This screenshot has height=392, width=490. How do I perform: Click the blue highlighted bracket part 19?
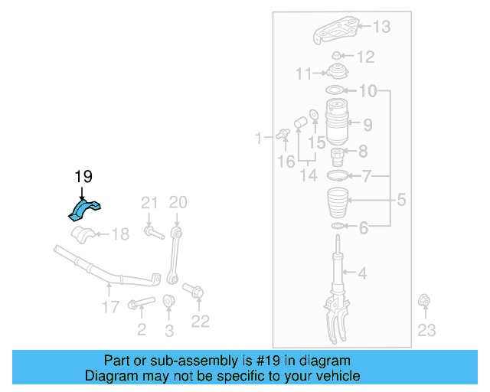(87, 208)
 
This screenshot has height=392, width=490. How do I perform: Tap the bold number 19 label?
(83, 177)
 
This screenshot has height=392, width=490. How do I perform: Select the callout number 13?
(381, 28)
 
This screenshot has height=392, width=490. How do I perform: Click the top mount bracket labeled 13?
(335, 31)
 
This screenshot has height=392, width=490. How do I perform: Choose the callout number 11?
(304, 74)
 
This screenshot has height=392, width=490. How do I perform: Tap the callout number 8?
(363, 152)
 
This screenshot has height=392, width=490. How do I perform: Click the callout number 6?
(364, 227)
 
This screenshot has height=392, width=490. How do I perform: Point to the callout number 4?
(363, 272)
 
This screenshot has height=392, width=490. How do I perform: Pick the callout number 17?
(110, 307)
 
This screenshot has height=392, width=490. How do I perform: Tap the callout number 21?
(149, 203)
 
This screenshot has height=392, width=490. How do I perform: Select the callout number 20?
(178, 203)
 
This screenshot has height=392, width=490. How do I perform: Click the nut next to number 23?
(423, 304)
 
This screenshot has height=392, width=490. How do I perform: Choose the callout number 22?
(200, 322)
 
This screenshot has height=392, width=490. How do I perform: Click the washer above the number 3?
(169, 302)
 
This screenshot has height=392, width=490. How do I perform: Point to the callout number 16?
(286, 162)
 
